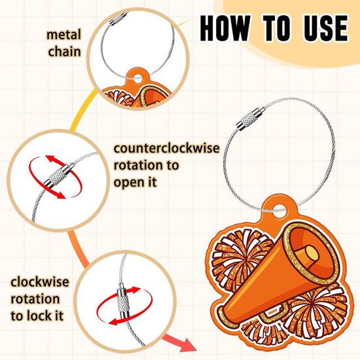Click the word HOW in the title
click(225, 28)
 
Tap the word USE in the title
click(326, 28)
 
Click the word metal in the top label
click(64, 35)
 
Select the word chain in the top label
click(64, 51)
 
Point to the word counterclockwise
click(167, 149)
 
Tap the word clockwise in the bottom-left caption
click(40, 281)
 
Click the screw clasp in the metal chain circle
click(118, 18)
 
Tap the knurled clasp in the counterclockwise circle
click(59, 175)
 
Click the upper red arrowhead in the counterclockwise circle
click(51, 159)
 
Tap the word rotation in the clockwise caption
click(35, 299)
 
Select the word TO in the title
click(277, 28)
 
